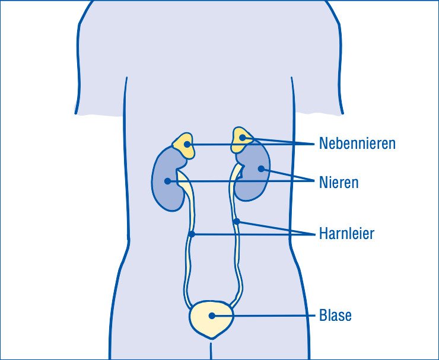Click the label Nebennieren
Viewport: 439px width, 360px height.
click(x=357, y=143)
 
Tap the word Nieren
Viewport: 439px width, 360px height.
click(x=339, y=183)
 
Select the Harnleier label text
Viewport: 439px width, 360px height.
click(x=346, y=234)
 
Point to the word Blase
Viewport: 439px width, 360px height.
click(x=335, y=316)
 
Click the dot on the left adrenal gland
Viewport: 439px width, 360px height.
click(x=187, y=145)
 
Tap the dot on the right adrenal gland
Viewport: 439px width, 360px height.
click(x=243, y=138)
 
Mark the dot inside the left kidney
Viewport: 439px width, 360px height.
click(x=167, y=181)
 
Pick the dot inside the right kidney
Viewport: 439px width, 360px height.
click(x=261, y=169)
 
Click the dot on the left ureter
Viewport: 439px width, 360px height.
click(x=192, y=234)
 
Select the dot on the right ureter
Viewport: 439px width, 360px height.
click(x=237, y=221)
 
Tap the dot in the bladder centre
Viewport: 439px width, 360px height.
click(x=212, y=316)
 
